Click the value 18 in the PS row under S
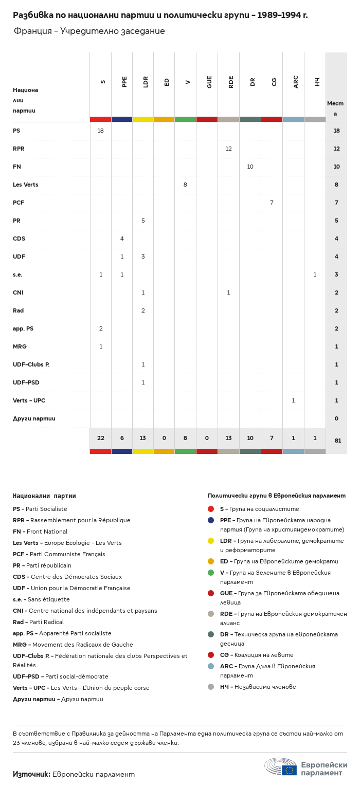(101, 131)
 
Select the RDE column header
(231, 82)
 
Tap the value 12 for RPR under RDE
(228, 149)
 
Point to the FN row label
(17, 167)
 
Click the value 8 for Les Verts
(185, 185)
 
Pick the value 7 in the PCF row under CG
(272, 203)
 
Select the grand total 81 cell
(338, 441)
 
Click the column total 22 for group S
(101, 438)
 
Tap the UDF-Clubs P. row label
(31, 364)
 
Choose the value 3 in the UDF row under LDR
(143, 257)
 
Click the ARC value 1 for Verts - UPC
(293, 400)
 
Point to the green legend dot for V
(211, 573)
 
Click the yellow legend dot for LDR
(211, 541)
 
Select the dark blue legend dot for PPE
(211, 520)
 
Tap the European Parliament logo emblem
(281, 767)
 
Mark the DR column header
(253, 82)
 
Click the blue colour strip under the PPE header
(122, 119)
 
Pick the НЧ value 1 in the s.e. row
(315, 274)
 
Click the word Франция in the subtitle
(33, 31)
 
